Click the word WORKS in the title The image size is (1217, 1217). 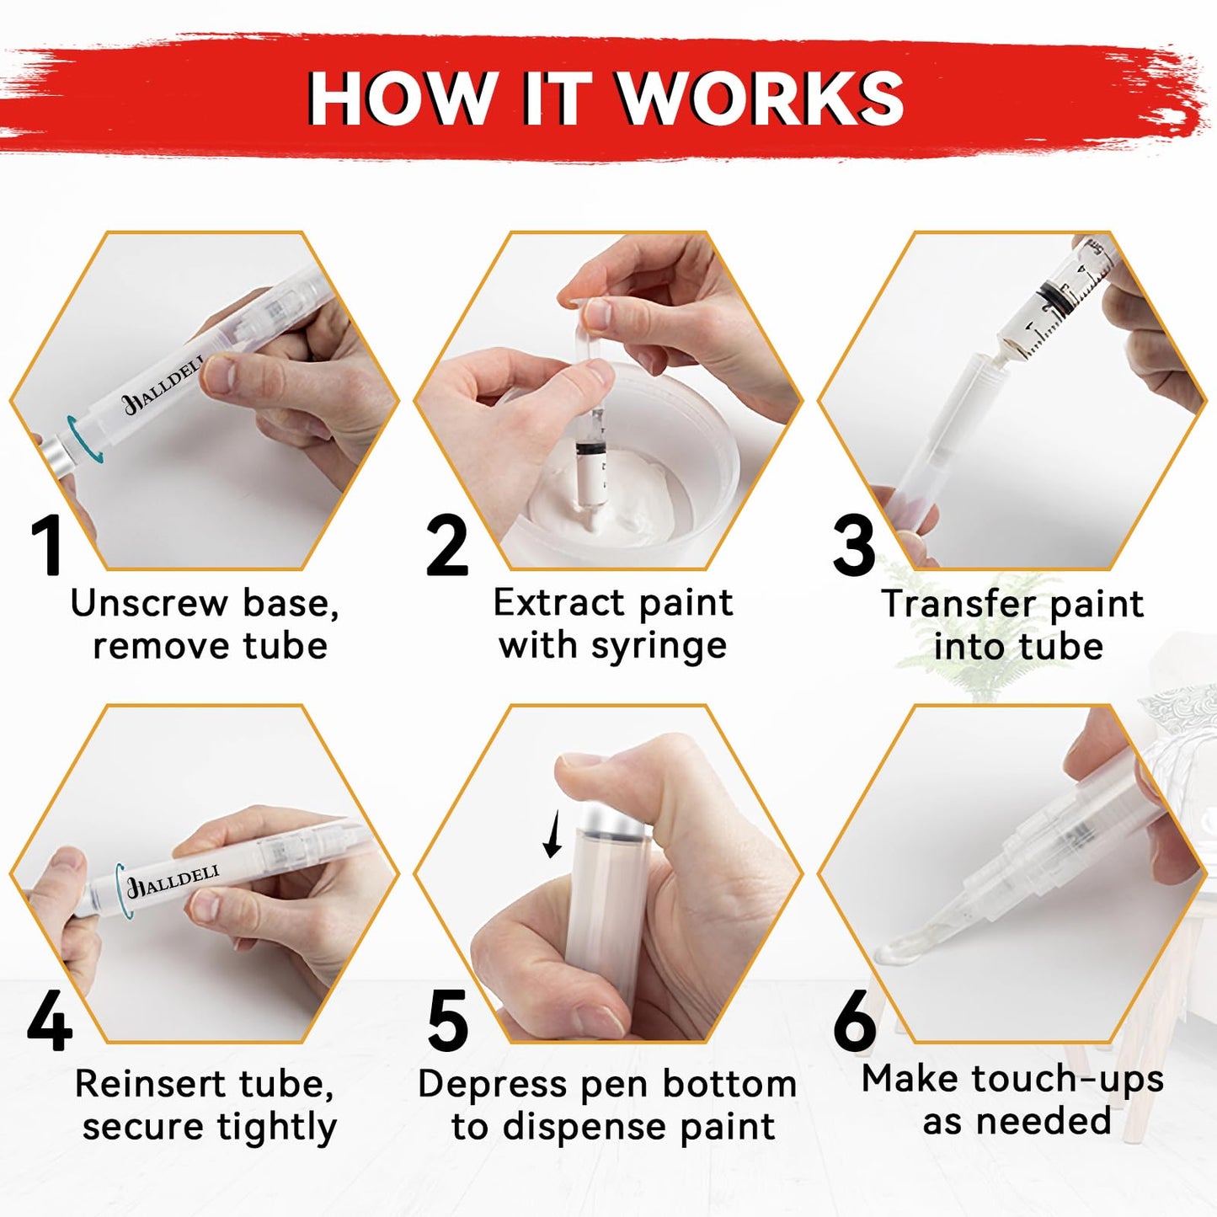pos(761,99)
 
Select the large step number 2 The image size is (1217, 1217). pos(446,547)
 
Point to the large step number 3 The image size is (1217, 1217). pos(854,546)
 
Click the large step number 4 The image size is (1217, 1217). pos(49,1022)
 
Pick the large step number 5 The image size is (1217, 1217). pos(447,1022)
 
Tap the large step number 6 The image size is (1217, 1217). pos(855,1022)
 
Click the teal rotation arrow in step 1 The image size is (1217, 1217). pos(84,438)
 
